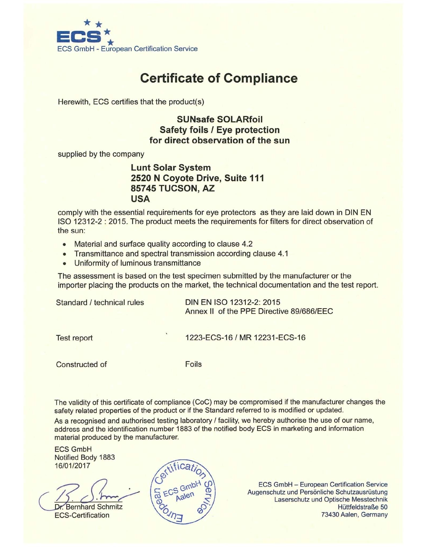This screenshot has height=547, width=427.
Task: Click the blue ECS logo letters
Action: pyautogui.click(x=79, y=37)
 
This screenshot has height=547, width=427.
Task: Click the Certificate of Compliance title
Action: pyautogui.click(x=219, y=78)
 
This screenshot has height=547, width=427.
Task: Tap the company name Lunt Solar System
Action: pyautogui.click(x=171, y=168)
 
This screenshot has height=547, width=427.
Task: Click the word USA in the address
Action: pyautogui.click(x=140, y=199)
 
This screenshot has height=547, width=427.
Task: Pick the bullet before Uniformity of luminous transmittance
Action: pyautogui.click(x=64, y=264)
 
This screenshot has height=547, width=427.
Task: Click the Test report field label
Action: pyautogui.click(x=74, y=338)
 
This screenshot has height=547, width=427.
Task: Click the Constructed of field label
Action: pyautogui.click(x=81, y=364)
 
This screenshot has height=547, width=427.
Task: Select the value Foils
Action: pyautogui.click(x=193, y=364)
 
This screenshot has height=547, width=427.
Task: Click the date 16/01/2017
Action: pyautogui.click(x=72, y=466)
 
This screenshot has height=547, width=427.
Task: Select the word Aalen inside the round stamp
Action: pyautogui.click(x=185, y=496)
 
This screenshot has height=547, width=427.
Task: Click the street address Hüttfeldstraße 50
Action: pyautogui.click(x=362, y=507)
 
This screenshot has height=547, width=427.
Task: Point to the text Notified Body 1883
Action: pyautogui.click(x=85, y=457)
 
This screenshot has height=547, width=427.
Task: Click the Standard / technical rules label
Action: pyautogui.click(x=100, y=303)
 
